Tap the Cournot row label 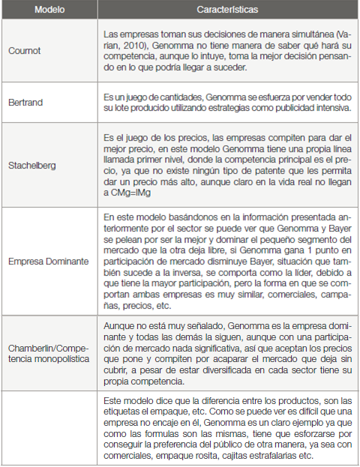coord(24,51)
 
